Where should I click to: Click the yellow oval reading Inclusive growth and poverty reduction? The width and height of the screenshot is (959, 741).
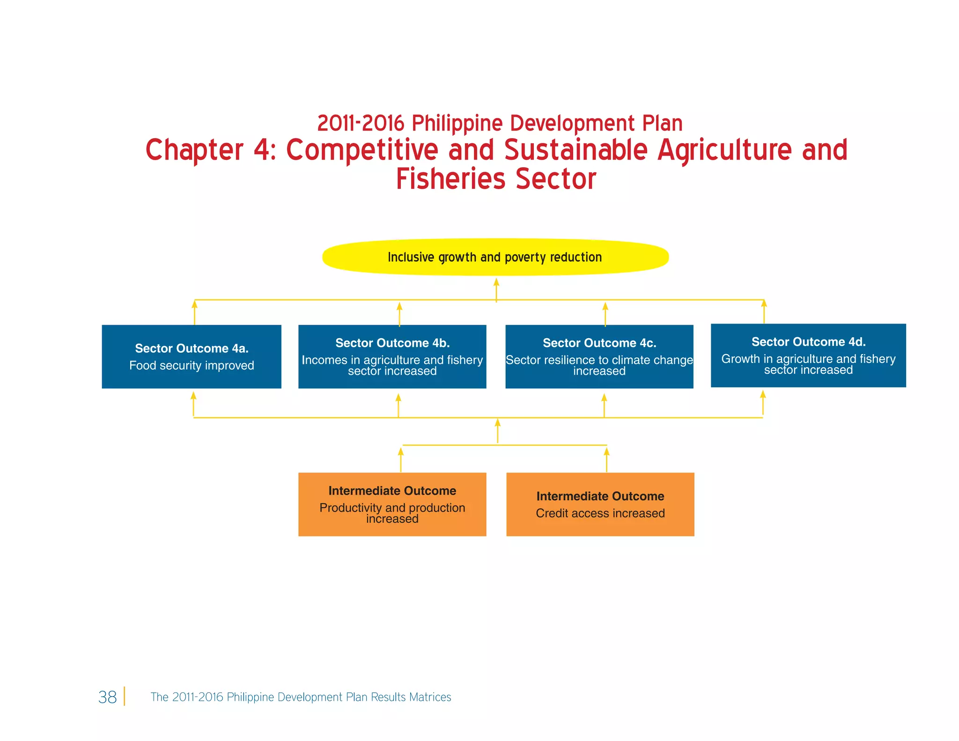[495, 257]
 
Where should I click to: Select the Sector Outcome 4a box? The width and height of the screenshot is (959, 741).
[192, 356]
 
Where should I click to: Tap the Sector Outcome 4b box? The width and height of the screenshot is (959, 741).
[392, 356]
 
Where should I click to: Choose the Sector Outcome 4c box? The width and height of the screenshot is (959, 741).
[599, 356]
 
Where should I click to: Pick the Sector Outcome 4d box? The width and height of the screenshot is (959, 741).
[808, 356]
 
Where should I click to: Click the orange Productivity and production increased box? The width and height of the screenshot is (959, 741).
[392, 504]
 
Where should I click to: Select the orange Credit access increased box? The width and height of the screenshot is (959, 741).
[600, 504]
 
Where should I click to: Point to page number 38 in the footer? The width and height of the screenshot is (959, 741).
[107, 697]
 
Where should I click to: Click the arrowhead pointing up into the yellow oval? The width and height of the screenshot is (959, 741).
[496, 282]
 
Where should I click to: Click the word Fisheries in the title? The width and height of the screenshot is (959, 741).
[450, 179]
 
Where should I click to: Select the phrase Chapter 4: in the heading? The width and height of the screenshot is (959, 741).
[211, 150]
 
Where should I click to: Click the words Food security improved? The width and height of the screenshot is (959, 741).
[192, 365]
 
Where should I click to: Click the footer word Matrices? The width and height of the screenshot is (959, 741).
[430, 697]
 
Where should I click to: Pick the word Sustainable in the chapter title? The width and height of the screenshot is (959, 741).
[575, 150]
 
